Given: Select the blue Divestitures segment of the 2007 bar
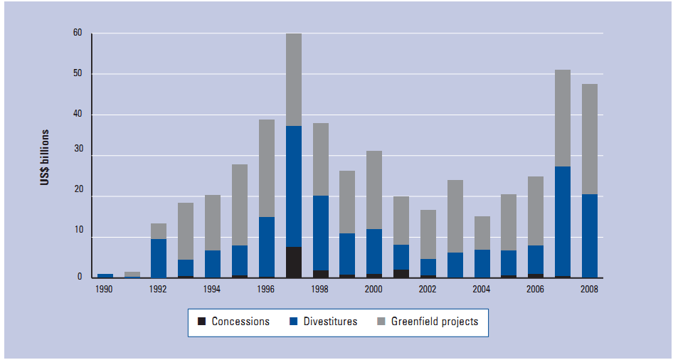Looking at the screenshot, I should pos(562,221).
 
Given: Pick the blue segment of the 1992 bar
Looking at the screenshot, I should pos(159,258).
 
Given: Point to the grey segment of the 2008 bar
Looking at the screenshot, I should pos(589,139).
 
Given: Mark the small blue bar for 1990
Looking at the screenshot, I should pos(105,275).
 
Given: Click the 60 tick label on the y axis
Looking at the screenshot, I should pos(77,33).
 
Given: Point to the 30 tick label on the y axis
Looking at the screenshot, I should pos(77,156).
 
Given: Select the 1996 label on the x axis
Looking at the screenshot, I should pos(267,290).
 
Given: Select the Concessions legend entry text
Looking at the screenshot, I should pos(241,322).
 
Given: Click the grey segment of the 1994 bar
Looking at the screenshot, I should pos(213,223).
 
